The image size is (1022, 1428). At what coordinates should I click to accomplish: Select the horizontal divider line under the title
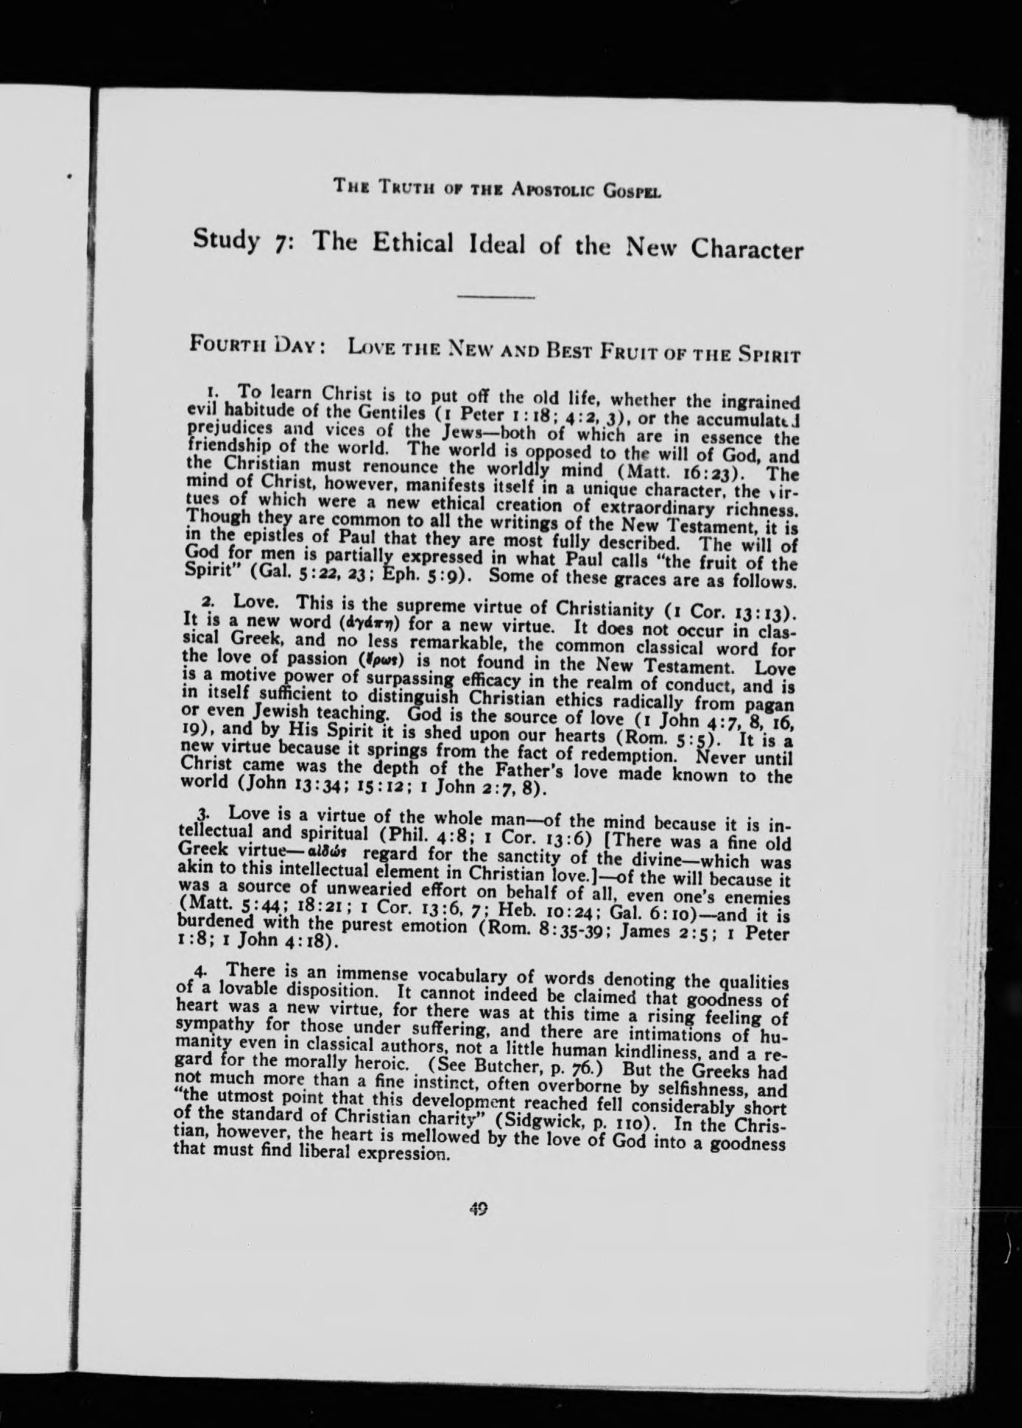pyautogui.click(x=496, y=297)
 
